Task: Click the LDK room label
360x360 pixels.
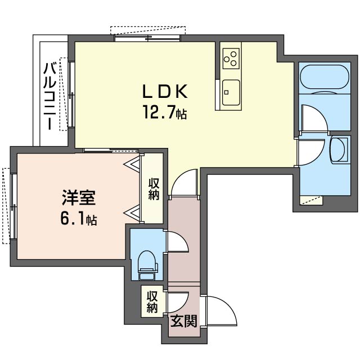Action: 163,92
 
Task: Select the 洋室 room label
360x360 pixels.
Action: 78,198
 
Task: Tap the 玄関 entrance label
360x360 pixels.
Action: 183,322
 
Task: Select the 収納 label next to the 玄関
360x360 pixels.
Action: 152,302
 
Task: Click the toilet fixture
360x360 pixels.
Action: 147,263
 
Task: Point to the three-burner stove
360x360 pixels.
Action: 231,57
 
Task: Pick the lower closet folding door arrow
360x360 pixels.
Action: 134,213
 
